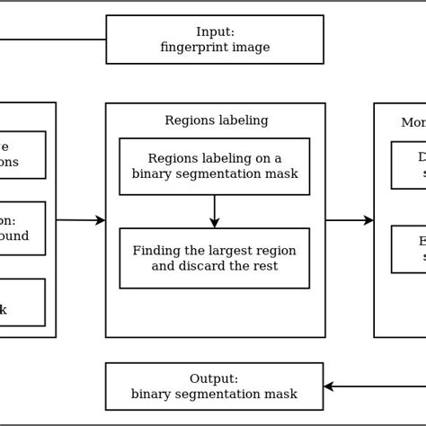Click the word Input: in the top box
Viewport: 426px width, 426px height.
click(215, 32)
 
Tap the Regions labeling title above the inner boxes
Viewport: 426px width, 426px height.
click(216, 120)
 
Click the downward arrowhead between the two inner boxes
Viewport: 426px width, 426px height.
click(215, 223)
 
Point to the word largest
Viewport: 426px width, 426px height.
click(228, 251)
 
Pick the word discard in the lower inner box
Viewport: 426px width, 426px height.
click(205, 266)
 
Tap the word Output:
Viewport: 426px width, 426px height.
click(214, 378)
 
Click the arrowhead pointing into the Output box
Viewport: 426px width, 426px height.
click(329, 386)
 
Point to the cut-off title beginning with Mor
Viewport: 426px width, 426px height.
click(413, 122)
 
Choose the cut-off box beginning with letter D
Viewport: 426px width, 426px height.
click(409, 164)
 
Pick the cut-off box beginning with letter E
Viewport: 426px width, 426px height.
click(409, 249)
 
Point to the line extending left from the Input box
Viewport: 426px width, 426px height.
click(53, 40)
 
